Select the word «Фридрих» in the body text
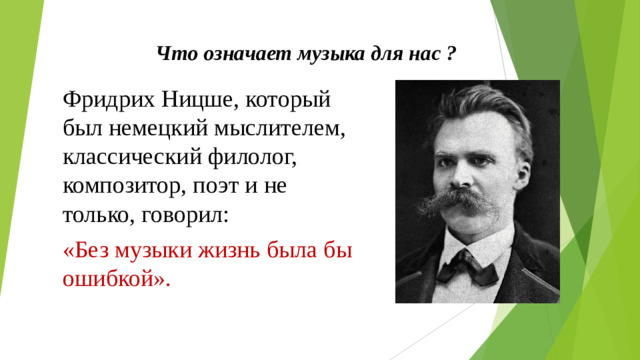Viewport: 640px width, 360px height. pyautogui.click(x=103, y=99)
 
